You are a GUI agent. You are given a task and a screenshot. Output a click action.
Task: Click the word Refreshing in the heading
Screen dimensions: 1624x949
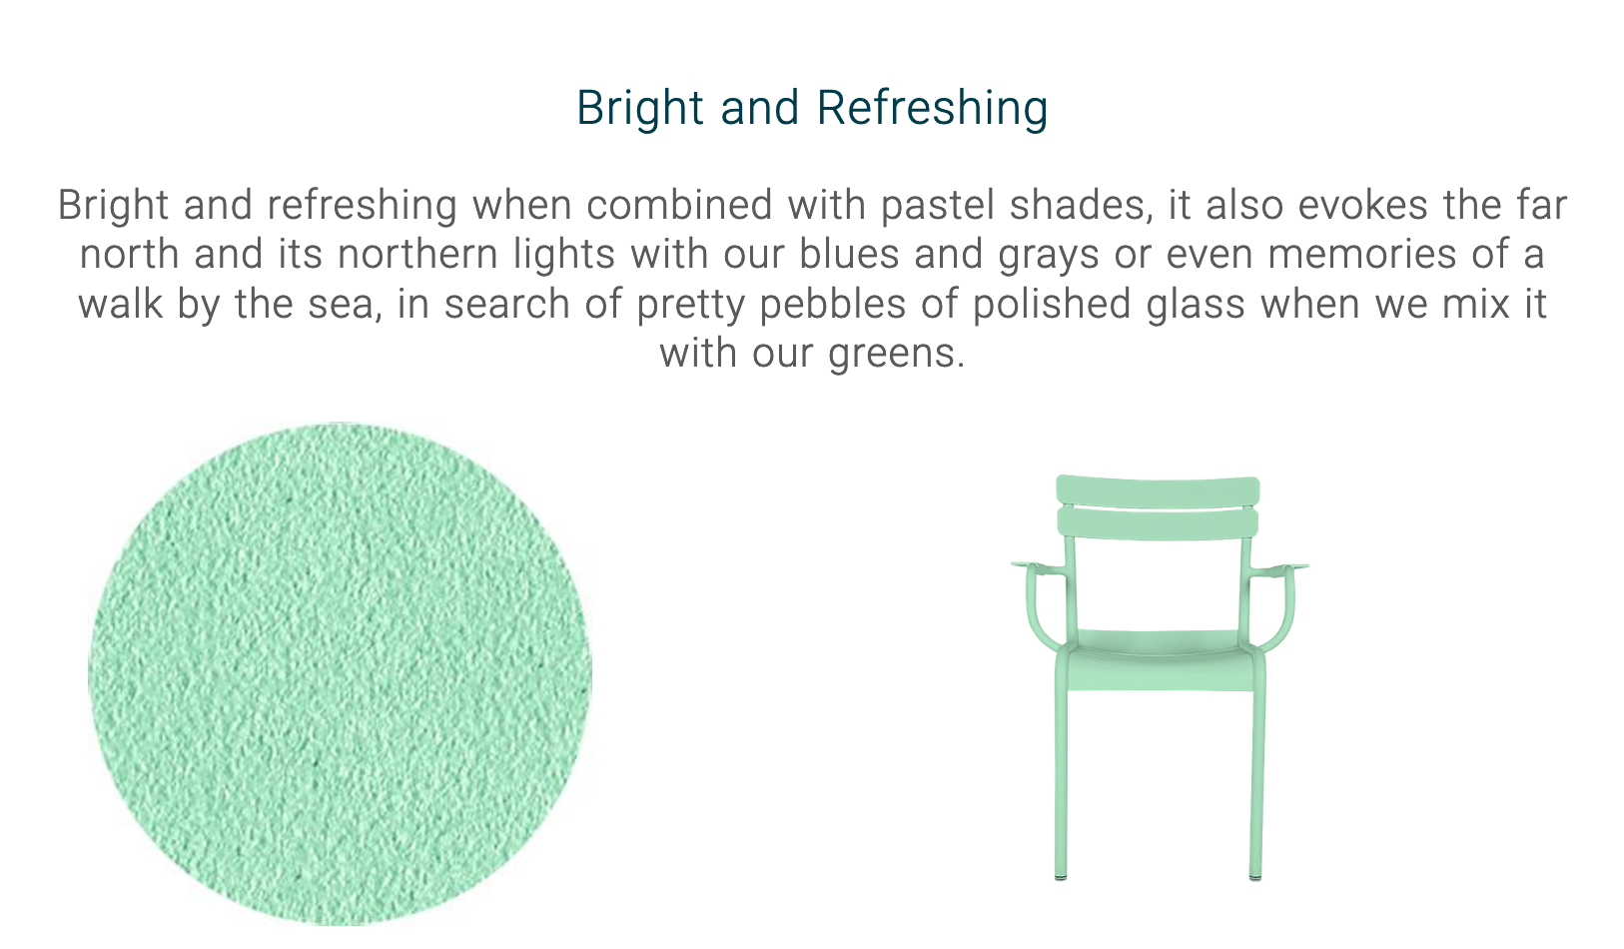pyautogui.click(x=932, y=109)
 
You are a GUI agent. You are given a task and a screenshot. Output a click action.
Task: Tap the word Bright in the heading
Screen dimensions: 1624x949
pyautogui.click(x=640, y=109)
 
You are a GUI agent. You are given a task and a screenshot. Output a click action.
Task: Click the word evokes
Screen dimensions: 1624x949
pyautogui.click(x=1362, y=206)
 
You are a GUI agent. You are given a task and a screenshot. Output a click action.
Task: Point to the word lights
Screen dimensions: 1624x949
pyautogui.click(x=564, y=255)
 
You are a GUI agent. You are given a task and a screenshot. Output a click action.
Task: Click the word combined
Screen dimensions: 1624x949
pyautogui.click(x=679, y=206)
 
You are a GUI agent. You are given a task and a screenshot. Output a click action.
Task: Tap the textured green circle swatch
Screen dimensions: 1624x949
pyautogui.click(x=340, y=673)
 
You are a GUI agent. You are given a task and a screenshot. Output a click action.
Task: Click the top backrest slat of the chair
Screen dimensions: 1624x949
pyautogui.click(x=1158, y=491)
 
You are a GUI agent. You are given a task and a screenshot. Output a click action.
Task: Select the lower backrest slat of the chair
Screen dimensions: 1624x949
pyautogui.click(x=1158, y=523)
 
